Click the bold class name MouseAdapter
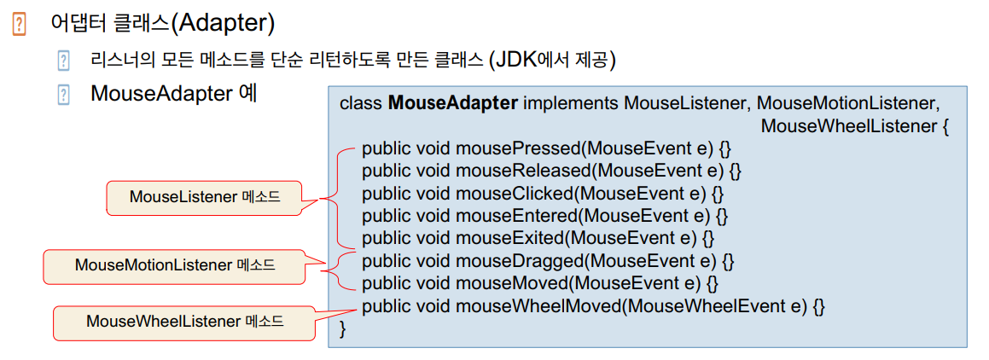[x=452, y=103]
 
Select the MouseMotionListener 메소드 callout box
[x=175, y=265]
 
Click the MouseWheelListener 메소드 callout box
[x=184, y=322]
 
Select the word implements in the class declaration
[x=570, y=103]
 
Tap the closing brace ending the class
[x=344, y=328]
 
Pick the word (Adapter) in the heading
[x=223, y=24]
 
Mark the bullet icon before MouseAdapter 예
[x=63, y=93]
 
